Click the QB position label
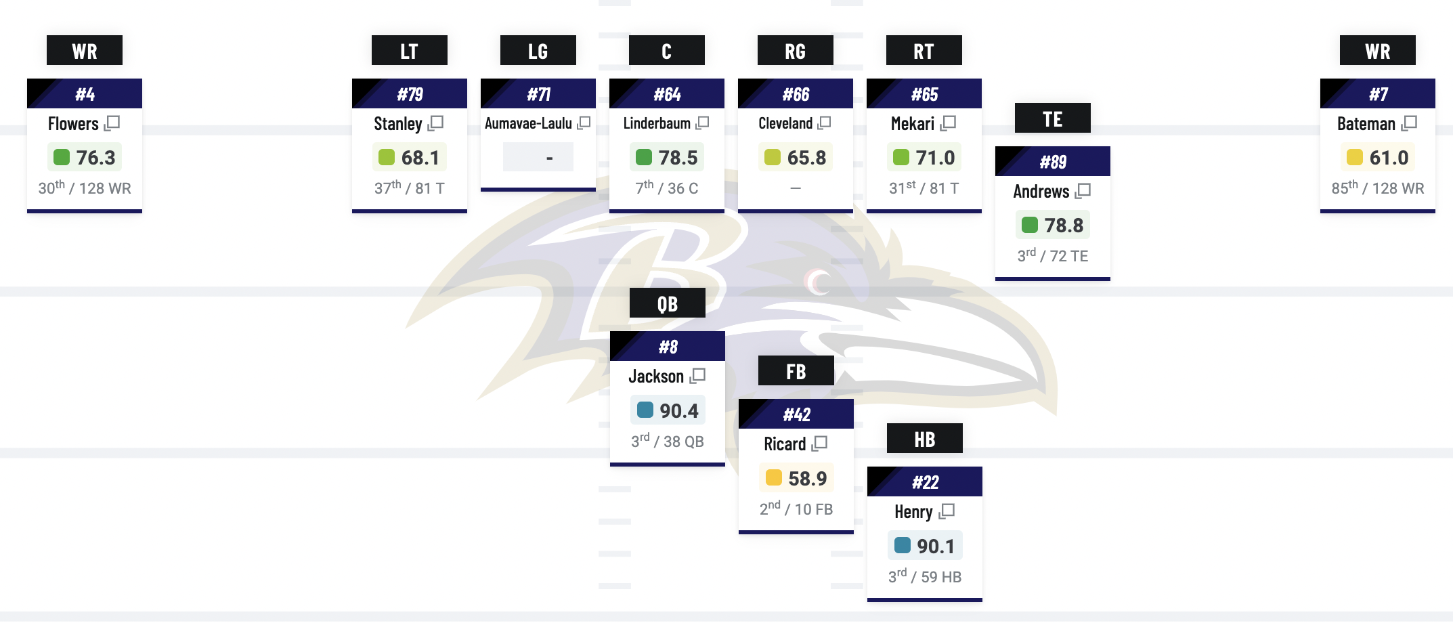[x=667, y=303]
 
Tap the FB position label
[x=796, y=371]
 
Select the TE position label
[x=1052, y=119]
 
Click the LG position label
[x=538, y=51]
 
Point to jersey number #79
[x=410, y=94]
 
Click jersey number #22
[x=925, y=482]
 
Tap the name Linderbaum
[x=657, y=123]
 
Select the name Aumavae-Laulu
[x=528, y=123]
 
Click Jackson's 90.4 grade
[x=678, y=410]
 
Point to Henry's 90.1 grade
[x=935, y=546]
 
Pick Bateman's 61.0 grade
[x=1388, y=158]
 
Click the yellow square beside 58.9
[x=773, y=478]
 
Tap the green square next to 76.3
[x=62, y=157]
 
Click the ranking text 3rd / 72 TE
[x=1052, y=256]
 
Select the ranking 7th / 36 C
[x=666, y=188]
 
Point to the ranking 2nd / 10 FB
[x=796, y=509]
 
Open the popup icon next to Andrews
[x=1083, y=191]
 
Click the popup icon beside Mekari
[x=949, y=123]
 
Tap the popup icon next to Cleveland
[x=824, y=123]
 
